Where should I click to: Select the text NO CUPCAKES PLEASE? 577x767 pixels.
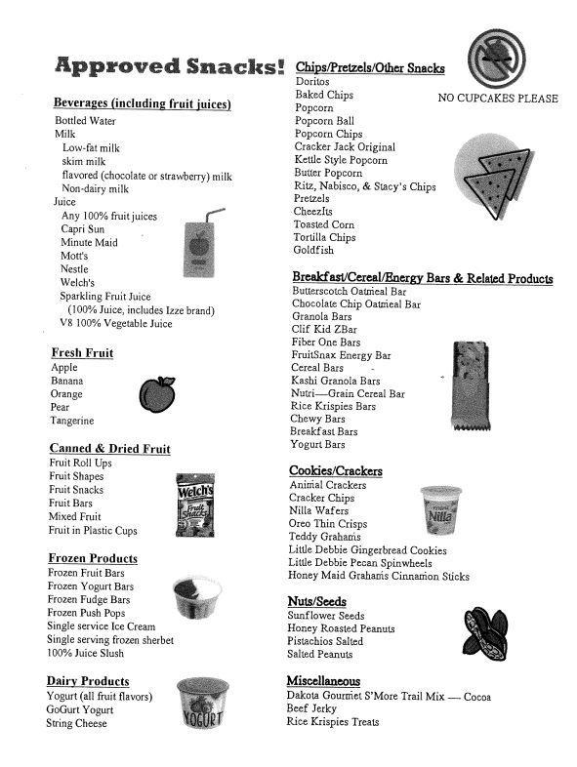coord(498,99)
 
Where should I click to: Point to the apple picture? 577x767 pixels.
coord(156,393)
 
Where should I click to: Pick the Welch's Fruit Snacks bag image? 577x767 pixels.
coord(194,502)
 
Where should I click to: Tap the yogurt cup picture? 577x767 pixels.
coord(202,706)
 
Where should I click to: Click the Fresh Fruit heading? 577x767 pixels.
coord(82,353)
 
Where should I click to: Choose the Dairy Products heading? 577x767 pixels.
coord(88,681)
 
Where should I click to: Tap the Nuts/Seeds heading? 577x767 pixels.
coord(317,601)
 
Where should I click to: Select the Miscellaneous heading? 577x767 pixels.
coord(323,681)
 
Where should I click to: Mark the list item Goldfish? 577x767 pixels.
coord(314,251)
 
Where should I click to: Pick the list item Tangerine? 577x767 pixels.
coord(72,421)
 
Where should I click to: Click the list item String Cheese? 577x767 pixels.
coord(76,724)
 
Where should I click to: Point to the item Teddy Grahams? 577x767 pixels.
coord(325,538)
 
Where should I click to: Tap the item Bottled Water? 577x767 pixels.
coord(85,121)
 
